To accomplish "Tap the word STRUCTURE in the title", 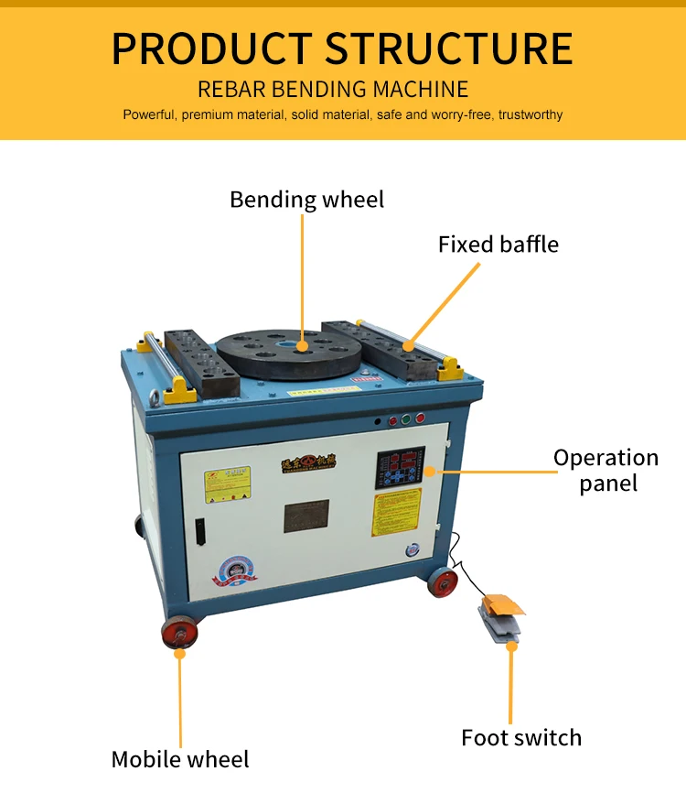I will click(449, 49).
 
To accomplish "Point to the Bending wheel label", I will click(306, 200).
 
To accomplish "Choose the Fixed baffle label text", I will click(498, 244).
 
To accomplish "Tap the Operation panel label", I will click(606, 470).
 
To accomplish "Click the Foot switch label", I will click(520, 737).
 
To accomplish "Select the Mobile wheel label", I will click(180, 759).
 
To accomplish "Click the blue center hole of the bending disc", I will click(303, 345).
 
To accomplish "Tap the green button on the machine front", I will click(406, 419).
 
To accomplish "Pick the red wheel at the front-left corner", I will click(179, 633).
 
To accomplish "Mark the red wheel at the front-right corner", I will click(444, 582).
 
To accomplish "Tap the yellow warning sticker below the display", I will click(396, 512).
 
